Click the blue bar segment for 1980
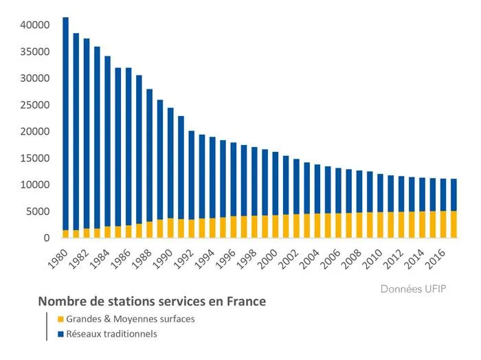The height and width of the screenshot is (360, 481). point(66,124)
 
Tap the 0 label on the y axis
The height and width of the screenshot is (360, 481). point(46,238)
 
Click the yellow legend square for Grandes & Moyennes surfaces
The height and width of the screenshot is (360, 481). point(60,319)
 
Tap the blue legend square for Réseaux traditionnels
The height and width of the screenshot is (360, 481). point(60,335)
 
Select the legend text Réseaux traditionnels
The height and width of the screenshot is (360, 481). point(111,335)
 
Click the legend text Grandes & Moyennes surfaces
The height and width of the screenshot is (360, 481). point(128,319)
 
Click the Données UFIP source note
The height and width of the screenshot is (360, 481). point(413,289)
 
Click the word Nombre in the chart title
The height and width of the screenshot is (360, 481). point(60,302)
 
